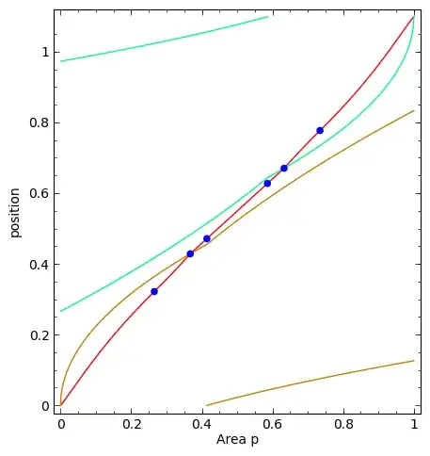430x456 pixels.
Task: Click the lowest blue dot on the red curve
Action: pos(154,291)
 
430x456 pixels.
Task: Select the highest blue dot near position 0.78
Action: pos(320,130)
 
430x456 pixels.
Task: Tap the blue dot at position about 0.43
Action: pos(190,253)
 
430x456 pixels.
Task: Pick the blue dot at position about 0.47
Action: pos(207,238)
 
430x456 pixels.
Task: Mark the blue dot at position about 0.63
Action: pos(267,183)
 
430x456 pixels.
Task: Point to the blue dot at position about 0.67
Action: pos(283,169)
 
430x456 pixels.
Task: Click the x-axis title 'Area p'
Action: pos(236,440)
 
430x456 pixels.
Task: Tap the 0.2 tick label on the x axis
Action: pos(132,425)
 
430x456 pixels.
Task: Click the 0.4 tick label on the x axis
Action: pos(202,425)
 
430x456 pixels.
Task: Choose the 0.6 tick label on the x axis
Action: pos(273,425)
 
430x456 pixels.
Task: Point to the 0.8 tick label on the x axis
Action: pos(343,425)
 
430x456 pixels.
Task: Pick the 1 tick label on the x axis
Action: pos(414,425)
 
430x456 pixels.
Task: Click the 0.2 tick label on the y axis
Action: pos(39,335)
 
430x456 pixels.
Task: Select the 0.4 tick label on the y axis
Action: pos(39,265)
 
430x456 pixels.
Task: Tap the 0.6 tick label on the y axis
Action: pos(39,194)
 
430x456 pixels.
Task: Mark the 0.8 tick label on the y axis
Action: pos(39,123)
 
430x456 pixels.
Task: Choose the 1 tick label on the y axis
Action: pos(44,53)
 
